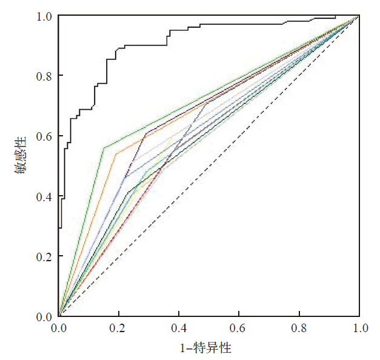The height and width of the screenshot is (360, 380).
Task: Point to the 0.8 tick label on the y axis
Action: click(x=42, y=76)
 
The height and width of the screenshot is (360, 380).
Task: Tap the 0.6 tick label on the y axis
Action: click(x=42, y=136)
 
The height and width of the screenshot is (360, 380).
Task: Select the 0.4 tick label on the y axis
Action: click(x=42, y=196)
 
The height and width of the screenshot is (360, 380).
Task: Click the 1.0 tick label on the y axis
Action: click(x=42, y=16)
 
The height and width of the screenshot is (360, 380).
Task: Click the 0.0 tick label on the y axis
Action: click(x=42, y=316)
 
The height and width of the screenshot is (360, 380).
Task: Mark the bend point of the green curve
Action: click(x=104, y=148)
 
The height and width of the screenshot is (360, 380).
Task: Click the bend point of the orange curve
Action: click(x=116, y=154)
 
